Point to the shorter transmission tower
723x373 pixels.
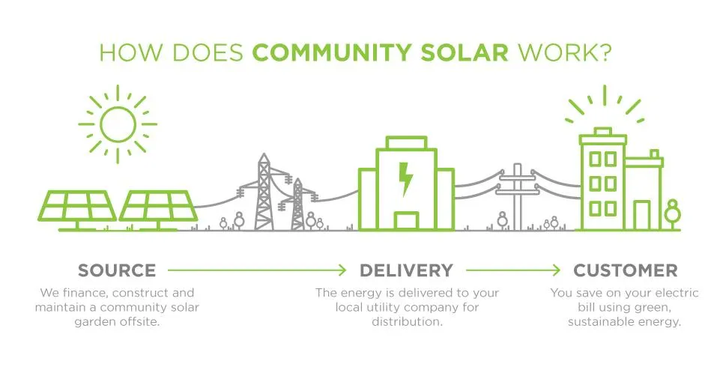tap(298, 204)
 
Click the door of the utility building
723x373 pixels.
tap(407, 221)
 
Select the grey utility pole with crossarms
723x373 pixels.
tap(518, 197)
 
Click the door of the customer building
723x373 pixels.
tap(641, 215)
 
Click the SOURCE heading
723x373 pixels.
tap(117, 270)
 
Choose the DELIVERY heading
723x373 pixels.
tap(406, 270)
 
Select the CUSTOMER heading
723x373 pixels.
tap(626, 270)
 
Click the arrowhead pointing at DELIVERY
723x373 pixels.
tap(342, 270)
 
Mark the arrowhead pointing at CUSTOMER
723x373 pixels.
tap(557, 270)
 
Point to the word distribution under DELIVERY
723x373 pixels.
tap(407, 322)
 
